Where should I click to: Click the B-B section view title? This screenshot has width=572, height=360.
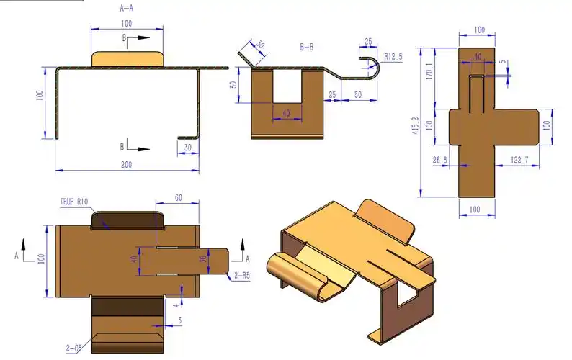(307, 47)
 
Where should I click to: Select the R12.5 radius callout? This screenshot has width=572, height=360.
(393, 55)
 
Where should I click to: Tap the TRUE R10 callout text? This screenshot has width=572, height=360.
(74, 202)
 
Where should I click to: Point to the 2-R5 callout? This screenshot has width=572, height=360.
(242, 276)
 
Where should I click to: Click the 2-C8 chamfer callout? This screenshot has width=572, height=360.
(75, 348)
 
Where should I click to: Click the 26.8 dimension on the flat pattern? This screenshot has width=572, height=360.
(440, 160)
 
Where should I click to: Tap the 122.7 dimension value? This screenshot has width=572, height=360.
(519, 160)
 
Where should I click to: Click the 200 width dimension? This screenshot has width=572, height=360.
(126, 165)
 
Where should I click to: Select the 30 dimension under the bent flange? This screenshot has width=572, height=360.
(188, 147)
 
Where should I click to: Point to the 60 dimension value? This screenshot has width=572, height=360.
(178, 197)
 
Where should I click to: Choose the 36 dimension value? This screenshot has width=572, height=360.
(203, 260)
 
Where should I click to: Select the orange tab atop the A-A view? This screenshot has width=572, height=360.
(127, 58)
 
